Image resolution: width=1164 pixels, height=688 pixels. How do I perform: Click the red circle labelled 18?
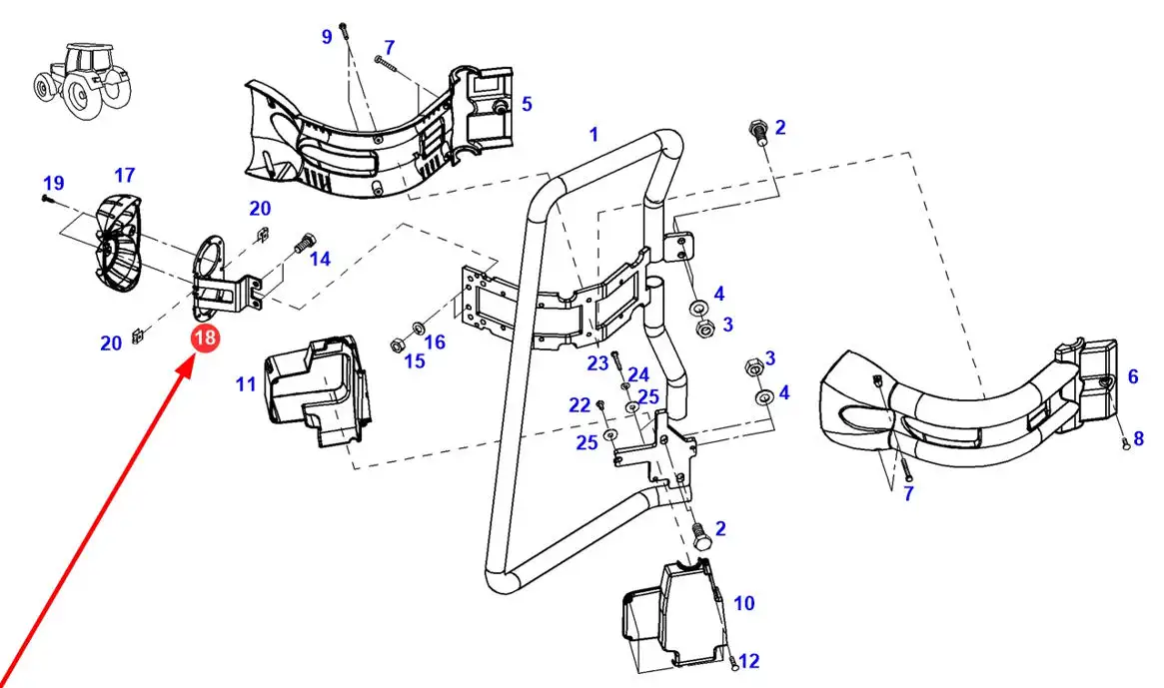coord(205,338)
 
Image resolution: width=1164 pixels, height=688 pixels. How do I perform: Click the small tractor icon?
coord(83,80)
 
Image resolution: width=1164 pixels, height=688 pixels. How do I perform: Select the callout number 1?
coord(593,135)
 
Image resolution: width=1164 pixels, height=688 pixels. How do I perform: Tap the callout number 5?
coord(527,103)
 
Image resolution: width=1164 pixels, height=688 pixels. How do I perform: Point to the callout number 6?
coord(1133,376)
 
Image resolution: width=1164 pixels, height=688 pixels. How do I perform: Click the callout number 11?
coord(246,383)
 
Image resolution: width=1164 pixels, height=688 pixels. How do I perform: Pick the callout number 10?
coord(743,603)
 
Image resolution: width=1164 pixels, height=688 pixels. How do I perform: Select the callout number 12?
coord(749,660)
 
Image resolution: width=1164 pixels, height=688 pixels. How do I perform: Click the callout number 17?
coord(125,175)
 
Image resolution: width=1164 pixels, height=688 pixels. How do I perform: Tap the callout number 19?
coord(53,183)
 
